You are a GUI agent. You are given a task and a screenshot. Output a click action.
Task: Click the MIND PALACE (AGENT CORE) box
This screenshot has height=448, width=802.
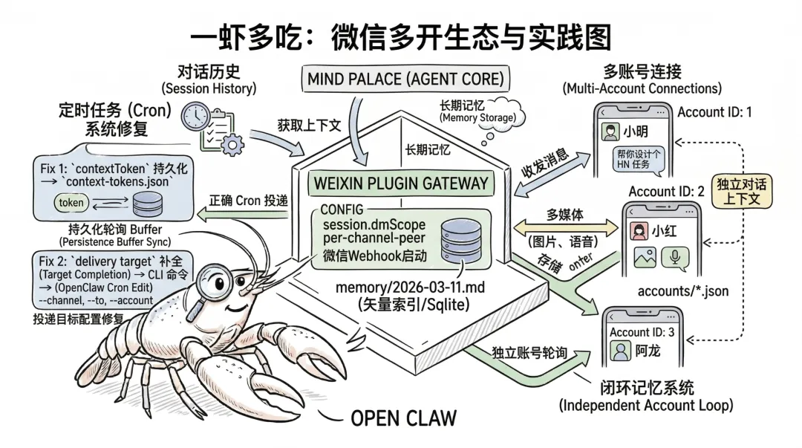[x=405, y=77]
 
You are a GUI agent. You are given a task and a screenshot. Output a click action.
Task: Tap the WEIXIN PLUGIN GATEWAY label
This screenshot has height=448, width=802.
[x=402, y=183]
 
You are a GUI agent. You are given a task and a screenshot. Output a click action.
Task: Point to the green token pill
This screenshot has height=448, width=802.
[x=71, y=202]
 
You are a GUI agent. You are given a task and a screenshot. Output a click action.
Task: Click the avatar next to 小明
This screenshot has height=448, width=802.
[x=610, y=133]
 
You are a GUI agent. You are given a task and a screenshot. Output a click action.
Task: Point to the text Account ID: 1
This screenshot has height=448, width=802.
[x=714, y=112]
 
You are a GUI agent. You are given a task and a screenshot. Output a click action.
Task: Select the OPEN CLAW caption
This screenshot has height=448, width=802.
[x=403, y=418]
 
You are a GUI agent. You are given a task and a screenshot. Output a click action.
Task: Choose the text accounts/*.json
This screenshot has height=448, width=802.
[x=682, y=290]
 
